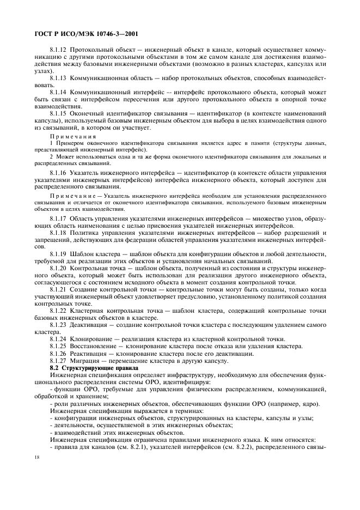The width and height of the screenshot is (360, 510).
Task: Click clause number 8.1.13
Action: (58, 78)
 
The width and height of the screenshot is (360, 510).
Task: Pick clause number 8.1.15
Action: (58, 113)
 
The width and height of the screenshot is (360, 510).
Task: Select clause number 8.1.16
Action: (58, 172)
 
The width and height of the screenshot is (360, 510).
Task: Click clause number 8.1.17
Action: (58, 218)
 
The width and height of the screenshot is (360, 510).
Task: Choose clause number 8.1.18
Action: (58, 232)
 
